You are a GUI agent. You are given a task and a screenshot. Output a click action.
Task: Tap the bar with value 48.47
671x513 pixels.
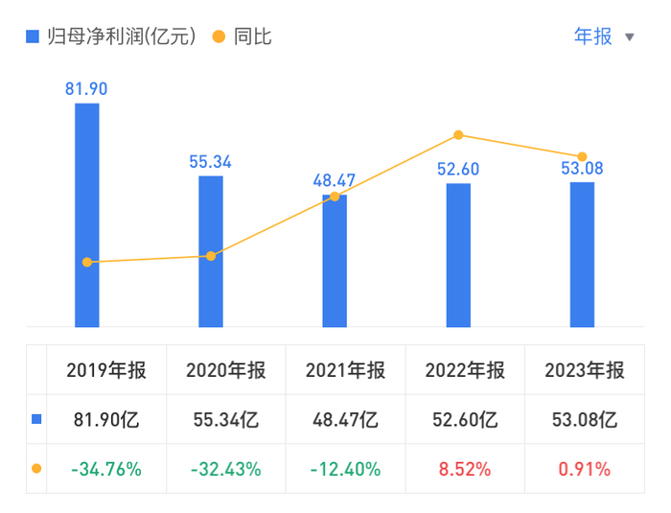point(335,261)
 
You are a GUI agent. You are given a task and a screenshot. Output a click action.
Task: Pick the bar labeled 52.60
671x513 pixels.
point(458,254)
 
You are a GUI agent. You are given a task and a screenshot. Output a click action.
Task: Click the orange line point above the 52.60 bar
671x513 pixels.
point(458,135)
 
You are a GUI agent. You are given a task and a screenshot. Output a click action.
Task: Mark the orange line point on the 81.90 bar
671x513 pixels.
point(87,262)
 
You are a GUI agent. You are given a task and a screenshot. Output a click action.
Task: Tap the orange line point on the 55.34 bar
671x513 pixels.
point(211,256)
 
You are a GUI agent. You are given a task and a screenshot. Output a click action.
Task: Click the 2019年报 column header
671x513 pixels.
point(105,370)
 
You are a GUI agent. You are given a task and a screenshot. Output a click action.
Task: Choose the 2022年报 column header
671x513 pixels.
point(465,370)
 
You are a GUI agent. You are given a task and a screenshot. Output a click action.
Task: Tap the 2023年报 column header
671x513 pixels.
point(584,370)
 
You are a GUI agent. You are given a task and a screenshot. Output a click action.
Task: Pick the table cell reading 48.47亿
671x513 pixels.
point(345,419)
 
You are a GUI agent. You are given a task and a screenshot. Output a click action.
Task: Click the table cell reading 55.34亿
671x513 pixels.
point(225,419)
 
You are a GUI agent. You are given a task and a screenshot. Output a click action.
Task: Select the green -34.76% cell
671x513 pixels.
point(105,469)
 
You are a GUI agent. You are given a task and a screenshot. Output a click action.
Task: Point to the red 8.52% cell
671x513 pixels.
point(465,469)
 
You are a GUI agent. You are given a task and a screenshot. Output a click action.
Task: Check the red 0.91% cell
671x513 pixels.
point(584,469)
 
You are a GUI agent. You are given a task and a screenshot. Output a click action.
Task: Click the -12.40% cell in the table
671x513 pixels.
point(345,469)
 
